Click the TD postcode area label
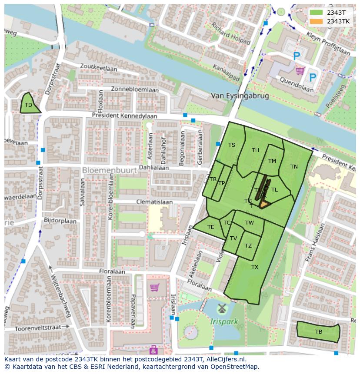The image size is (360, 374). point(28,105)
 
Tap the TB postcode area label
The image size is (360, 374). point(319,332)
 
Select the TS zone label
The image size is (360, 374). point(232,145)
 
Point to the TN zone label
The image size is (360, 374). point(294,166)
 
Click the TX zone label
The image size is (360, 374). point(255,267)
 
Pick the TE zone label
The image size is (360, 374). point(211,227)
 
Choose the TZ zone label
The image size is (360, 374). point(248,246)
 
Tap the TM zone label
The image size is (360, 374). point(272,161)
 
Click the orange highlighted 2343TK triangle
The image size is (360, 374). point(264,204)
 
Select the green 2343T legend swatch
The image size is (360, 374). point(317,13)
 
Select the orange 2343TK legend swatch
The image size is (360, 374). point(317,21)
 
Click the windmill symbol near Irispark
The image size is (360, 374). point(222,309)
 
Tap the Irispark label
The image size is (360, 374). point(224,322)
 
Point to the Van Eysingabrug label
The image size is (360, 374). point(240,96)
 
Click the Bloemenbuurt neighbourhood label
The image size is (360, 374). point(109,170)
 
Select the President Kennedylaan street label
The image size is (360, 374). point(124,116)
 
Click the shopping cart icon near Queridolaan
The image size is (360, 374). point(300,70)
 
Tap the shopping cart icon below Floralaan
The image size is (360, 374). point(154,287)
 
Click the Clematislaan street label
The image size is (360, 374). point(154,202)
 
